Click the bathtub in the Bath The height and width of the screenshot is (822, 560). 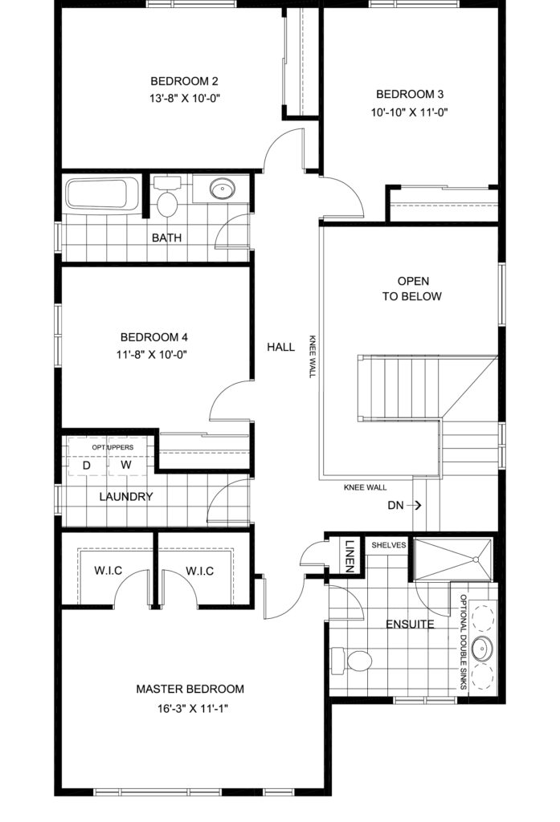click(x=102, y=194)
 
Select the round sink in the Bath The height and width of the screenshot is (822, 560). click(x=222, y=188)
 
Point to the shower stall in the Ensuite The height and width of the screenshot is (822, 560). click(x=453, y=559)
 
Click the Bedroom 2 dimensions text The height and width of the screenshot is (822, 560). click(x=184, y=98)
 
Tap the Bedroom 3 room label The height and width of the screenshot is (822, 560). click(x=410, y=95)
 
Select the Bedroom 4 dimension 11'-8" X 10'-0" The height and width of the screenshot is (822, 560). click(x=152, y=354)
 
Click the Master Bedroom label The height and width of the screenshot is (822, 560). click(x=190, y=689)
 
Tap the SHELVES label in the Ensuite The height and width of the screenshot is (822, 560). click(x=388, y=545)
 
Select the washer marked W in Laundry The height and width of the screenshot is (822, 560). click(x=126, y=465)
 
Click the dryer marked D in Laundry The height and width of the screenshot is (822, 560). click(x=87, y=466)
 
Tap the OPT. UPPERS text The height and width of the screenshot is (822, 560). click(x=112, y=447)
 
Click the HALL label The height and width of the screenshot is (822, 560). click(x=280, y=347)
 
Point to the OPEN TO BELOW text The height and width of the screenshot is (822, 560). click(x=412, y=288)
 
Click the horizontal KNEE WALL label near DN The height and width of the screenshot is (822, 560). click(x=366, y=487)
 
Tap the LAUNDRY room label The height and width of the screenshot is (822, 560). click(x=126, y=496)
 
